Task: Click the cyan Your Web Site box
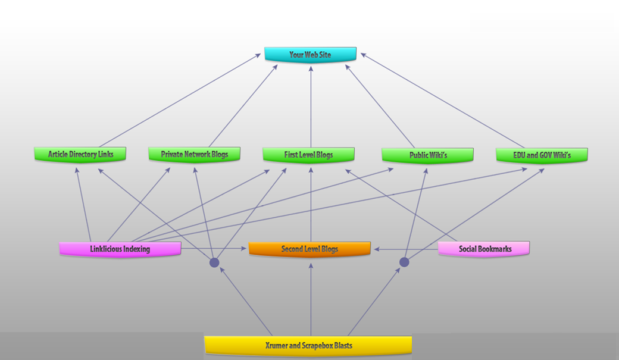click(x=310, y=54)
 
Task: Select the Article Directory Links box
click(x=80, y=155)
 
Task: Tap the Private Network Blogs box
click(x=194, y=155)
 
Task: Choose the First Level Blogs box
click(x=308, y=155)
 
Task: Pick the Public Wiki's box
click(x=427, y=155)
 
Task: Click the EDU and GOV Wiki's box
click(x=542, y=155)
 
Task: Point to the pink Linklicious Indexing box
click(x=120, y=249)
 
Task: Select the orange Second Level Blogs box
click(x=309, y=249)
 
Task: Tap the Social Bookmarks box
click(x=484, y=249)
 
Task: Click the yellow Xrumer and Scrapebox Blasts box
click(x=308, y=345)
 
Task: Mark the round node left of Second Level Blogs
click(x=214, y=262)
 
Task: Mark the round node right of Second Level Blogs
click(x=404, y=262)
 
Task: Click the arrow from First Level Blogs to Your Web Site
click(x=310, y=107)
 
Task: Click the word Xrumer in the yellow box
click(x=277, y=345)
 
